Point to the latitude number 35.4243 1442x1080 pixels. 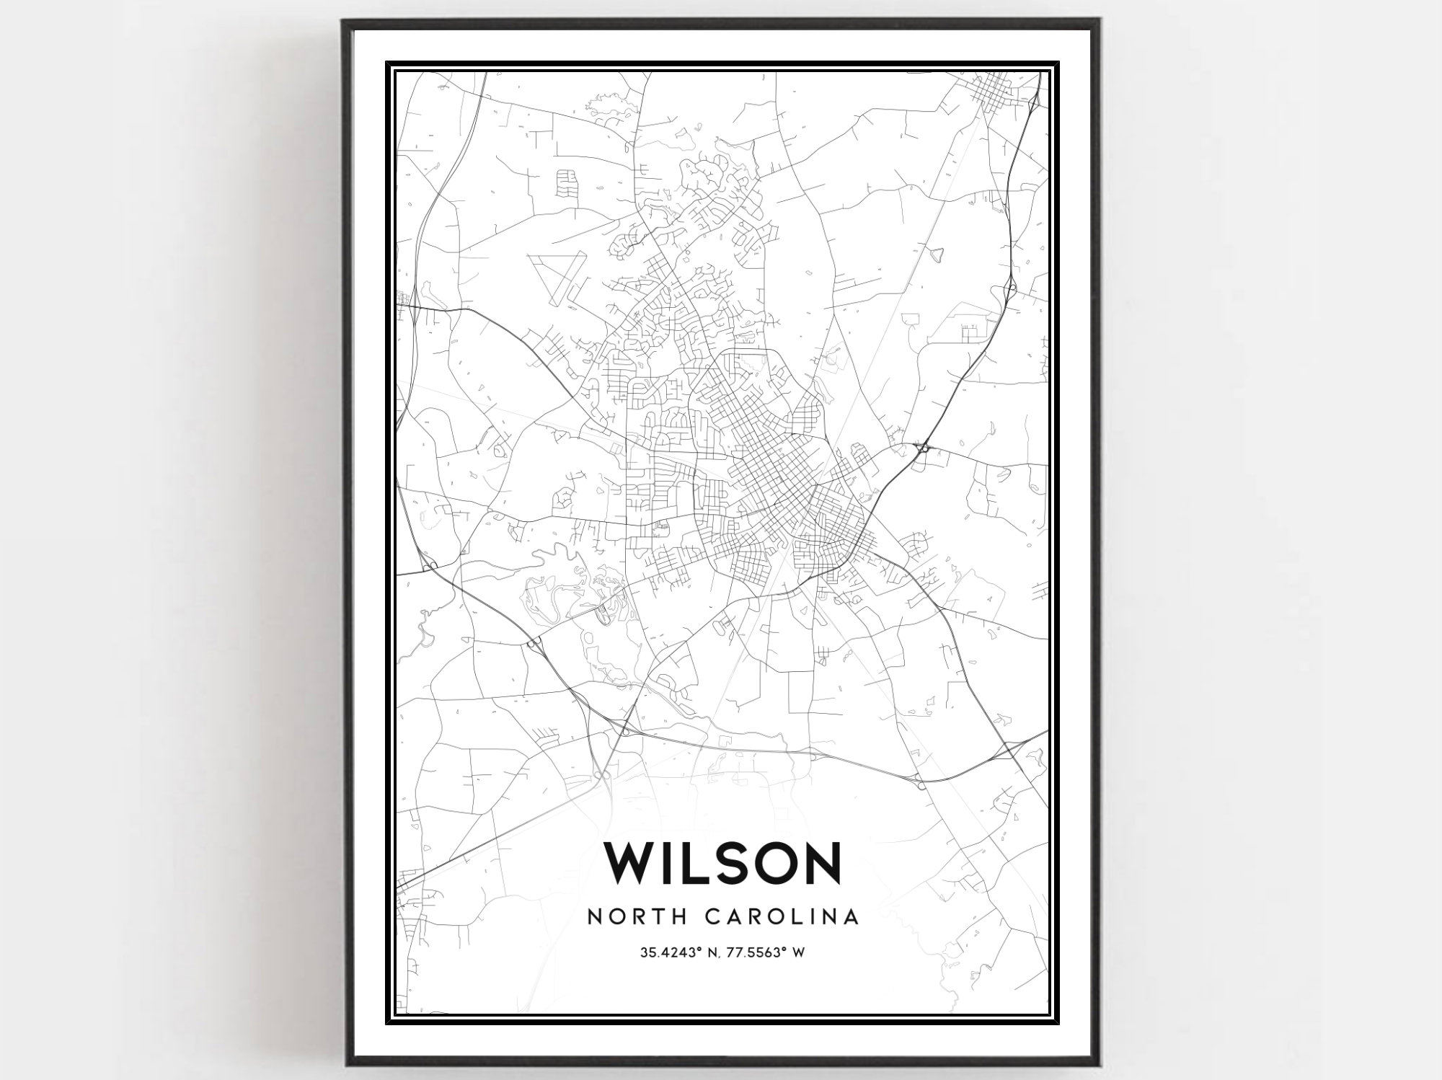tap(668, 953)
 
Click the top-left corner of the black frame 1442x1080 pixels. tap(344, 20)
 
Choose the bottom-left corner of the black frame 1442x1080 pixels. tap(345, 1064)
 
